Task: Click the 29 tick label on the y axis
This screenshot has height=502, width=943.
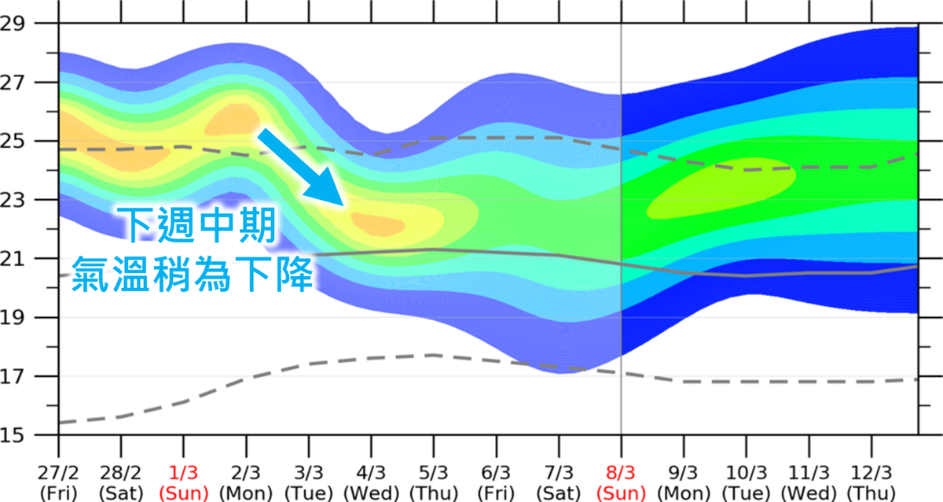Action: pos(14,24)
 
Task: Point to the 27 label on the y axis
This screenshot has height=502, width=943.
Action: pos(14,83)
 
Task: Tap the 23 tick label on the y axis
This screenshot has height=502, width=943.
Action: pos(14,200)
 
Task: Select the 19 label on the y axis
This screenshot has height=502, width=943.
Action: pos(14,317)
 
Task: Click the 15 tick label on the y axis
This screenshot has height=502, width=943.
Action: pos(14,434)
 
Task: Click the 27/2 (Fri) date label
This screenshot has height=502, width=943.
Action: pos(57,482)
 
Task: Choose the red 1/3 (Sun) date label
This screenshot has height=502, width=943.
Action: pos(183,482)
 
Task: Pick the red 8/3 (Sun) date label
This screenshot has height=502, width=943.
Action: pos(621,482)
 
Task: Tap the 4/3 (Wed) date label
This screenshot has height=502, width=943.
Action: pos(371,482)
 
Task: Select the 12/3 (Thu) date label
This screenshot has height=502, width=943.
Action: pos(871,482)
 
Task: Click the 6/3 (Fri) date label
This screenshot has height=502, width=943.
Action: pos(496,482)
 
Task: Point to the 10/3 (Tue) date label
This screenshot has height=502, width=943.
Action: pos(747,482)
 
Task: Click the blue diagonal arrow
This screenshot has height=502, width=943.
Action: pos(303,168)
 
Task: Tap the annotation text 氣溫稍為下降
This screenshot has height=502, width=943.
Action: pos(193,274)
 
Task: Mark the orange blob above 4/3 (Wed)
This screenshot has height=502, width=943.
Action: pos(377,225)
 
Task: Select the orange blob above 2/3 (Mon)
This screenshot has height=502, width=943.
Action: pos(234,119)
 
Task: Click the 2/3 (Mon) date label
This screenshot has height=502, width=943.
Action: pos(246,482)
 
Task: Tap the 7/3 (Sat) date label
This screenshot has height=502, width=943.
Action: pos(559,482)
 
